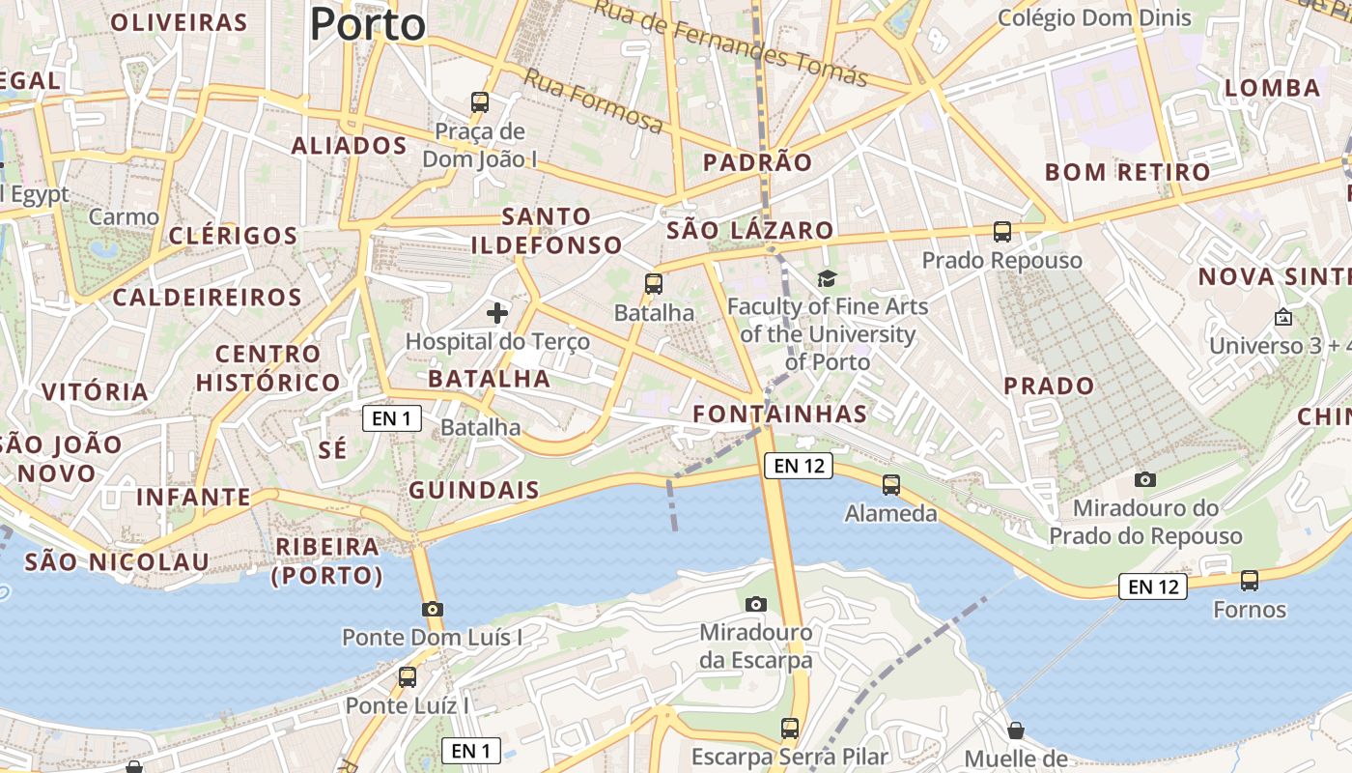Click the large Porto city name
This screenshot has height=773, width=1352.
[368, 24]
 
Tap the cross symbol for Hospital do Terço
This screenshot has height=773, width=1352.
[497, 312]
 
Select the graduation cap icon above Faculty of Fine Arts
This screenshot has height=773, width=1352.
[827, 279]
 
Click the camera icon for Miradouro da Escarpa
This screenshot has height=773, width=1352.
[756, 604]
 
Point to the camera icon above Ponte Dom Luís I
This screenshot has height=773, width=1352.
[432, 609]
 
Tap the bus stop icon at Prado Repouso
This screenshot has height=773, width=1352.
[1002, 232]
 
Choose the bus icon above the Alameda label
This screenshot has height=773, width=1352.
[890, 484]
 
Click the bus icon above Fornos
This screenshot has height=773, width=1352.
[1250, 581]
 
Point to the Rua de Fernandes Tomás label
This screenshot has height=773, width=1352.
[730, 43]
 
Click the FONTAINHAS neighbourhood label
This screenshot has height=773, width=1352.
[780, 415]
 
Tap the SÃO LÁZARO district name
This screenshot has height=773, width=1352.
[749, 230]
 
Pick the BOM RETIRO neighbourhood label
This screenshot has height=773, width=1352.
[1127, 173]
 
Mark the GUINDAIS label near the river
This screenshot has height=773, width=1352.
[473, 490]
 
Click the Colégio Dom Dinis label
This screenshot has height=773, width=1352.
[1094, 18]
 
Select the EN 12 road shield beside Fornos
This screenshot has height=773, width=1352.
[1153, 586]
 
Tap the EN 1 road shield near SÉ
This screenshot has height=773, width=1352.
[392, 418]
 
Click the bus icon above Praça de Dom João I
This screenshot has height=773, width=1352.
[480, 101]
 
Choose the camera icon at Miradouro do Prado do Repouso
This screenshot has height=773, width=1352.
[1144, 479]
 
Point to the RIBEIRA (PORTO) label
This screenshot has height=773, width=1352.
[329, 561]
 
